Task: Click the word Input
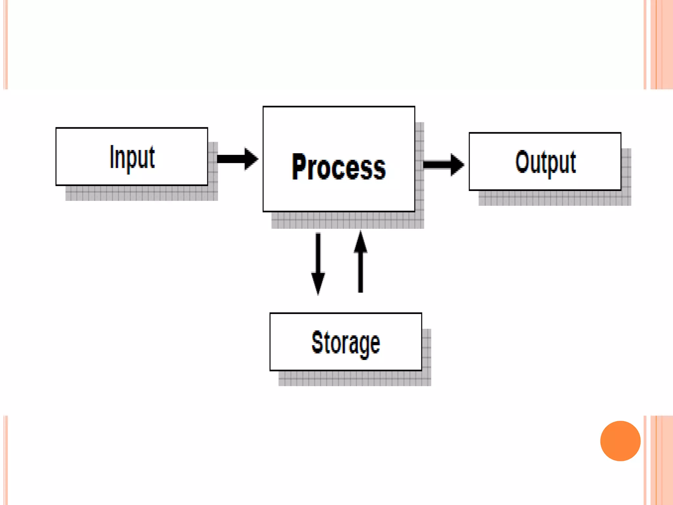pyautogui.click(x=132, y=157)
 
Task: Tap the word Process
pyautogui.click(x=338, y=167)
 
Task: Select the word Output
pyautogui.click(x=545, y=162)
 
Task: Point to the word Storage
pyautogui.click(x=346, y=343)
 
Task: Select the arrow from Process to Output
pyautogui.click(x=443, y=164)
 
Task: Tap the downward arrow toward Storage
pyautogui.click(x=318, y=263)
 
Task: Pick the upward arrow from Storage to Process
pyautogui.click(x=360, y=263)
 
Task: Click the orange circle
pyautogui.click(x=620, y=441)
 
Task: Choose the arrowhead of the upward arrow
pyautogui.click(x=360, y=242)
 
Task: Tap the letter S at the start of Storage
pyautogui.click(x=318, y=342)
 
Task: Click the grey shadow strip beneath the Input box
pyautogui.click(x=141, y=193)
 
